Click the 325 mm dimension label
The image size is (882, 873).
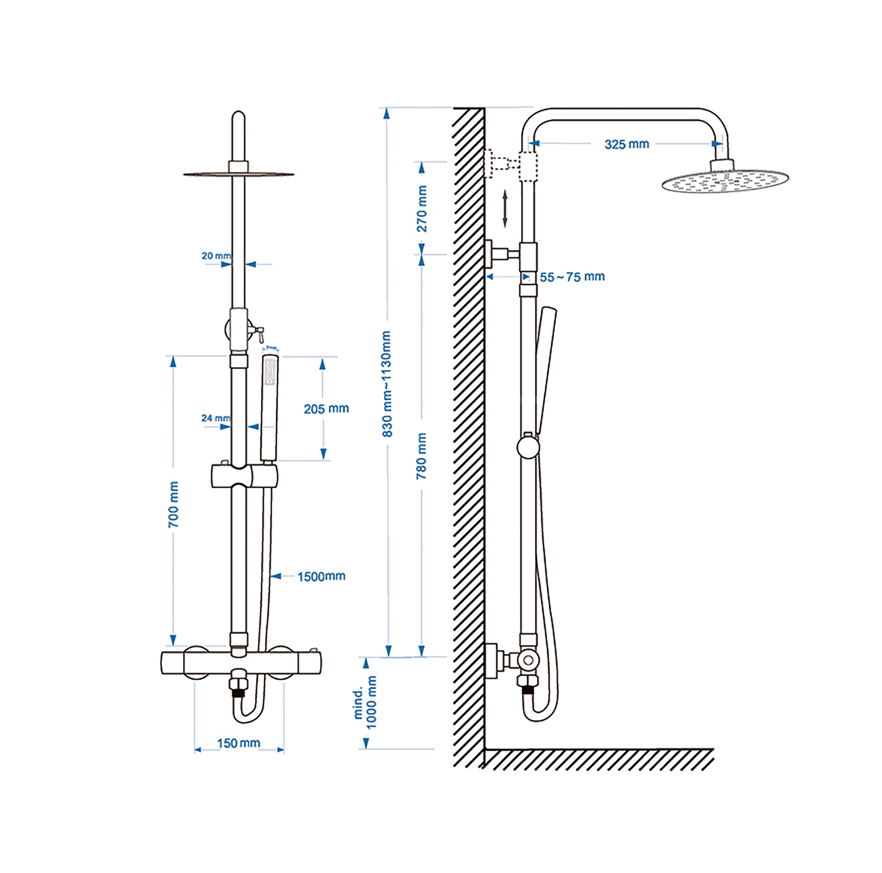click(626, 144)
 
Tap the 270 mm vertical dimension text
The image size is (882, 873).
click(422, 209)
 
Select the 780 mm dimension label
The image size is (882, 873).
click(421, 455)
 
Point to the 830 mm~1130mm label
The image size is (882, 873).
click(387, 384)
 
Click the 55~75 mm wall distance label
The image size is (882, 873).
click(572, 277)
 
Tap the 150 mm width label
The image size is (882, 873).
click(238, 743)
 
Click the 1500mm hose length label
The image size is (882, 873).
click(321, 576)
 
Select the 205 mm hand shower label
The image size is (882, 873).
click(326, 409)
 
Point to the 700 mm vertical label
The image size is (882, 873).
click(173, 504)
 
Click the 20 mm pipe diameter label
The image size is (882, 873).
click(216, 256)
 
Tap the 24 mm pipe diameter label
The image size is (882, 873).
click(216, 418)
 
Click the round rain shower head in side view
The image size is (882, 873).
click(725, 181)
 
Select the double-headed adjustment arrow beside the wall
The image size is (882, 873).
click(505, 209)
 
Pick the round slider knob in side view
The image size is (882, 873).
click(528, 446)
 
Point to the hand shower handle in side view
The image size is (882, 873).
click(545, 368)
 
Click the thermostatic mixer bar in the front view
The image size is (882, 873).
click(241, 663)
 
